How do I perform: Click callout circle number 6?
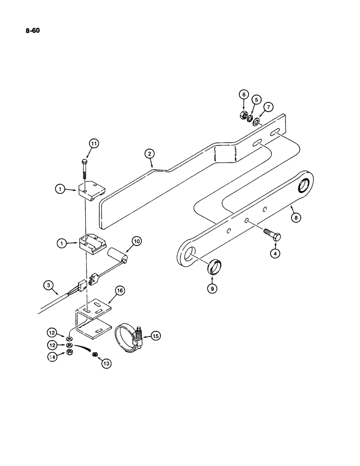tap(243, 95)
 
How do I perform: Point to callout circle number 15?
tap(154, 336)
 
